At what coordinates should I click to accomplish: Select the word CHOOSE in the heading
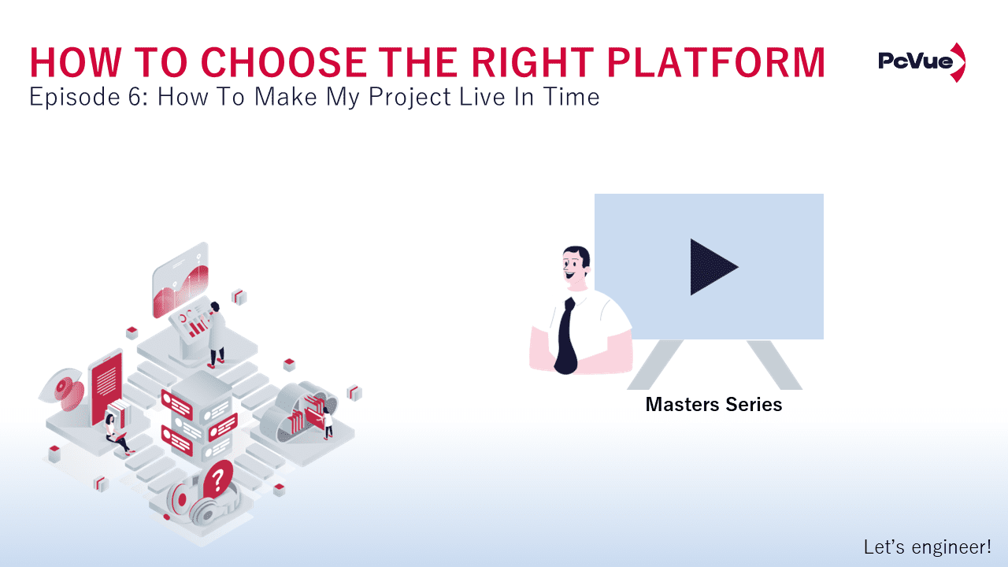(x=281, y=62)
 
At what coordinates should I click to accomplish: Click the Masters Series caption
(x=713, y=405)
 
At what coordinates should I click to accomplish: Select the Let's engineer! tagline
(x=927, y=546)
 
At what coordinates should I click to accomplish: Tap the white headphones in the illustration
(x=193, y=504)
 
